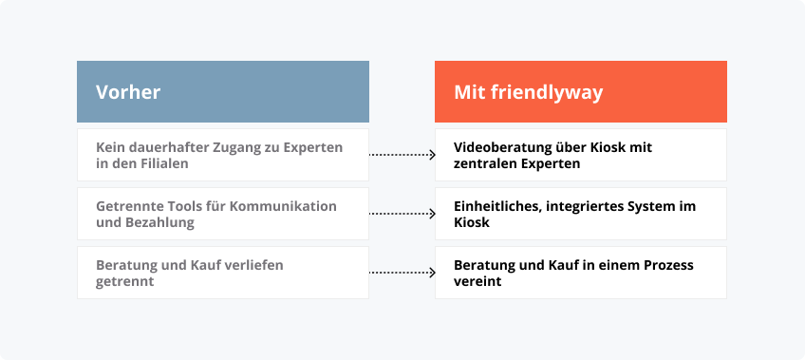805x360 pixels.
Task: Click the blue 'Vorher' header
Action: [x=222, y=91]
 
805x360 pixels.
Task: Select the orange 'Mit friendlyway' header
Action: [x=580, y=91]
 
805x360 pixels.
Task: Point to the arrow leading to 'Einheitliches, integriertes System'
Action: [x=402, y=214]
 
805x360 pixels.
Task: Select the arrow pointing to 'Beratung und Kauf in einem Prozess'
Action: [x=402, y=273]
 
